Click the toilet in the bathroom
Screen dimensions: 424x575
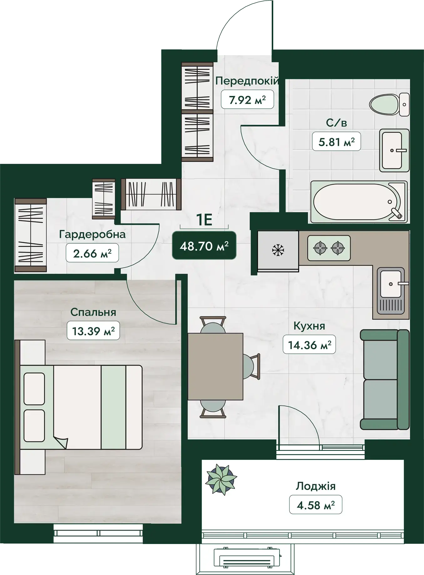point(389,104)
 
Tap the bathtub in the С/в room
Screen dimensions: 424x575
point(359,202)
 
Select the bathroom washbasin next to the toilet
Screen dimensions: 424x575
point(394,150)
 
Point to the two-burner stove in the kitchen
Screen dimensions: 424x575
point(329,248)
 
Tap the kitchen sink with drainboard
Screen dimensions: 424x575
point(391,291)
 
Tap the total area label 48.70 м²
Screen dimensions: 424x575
point(204,246)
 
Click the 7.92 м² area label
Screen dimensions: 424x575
point(247,100)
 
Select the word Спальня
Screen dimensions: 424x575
point(93,312)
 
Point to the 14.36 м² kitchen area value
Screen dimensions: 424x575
point(309,345)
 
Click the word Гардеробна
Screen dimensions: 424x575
point(92,234)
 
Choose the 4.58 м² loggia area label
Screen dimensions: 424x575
point(316,505)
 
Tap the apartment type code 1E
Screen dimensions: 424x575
point(204,220)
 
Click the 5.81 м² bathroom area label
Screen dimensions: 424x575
point(336,142)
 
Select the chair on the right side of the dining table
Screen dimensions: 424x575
point(252,366)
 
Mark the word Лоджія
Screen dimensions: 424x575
point(316,486)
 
